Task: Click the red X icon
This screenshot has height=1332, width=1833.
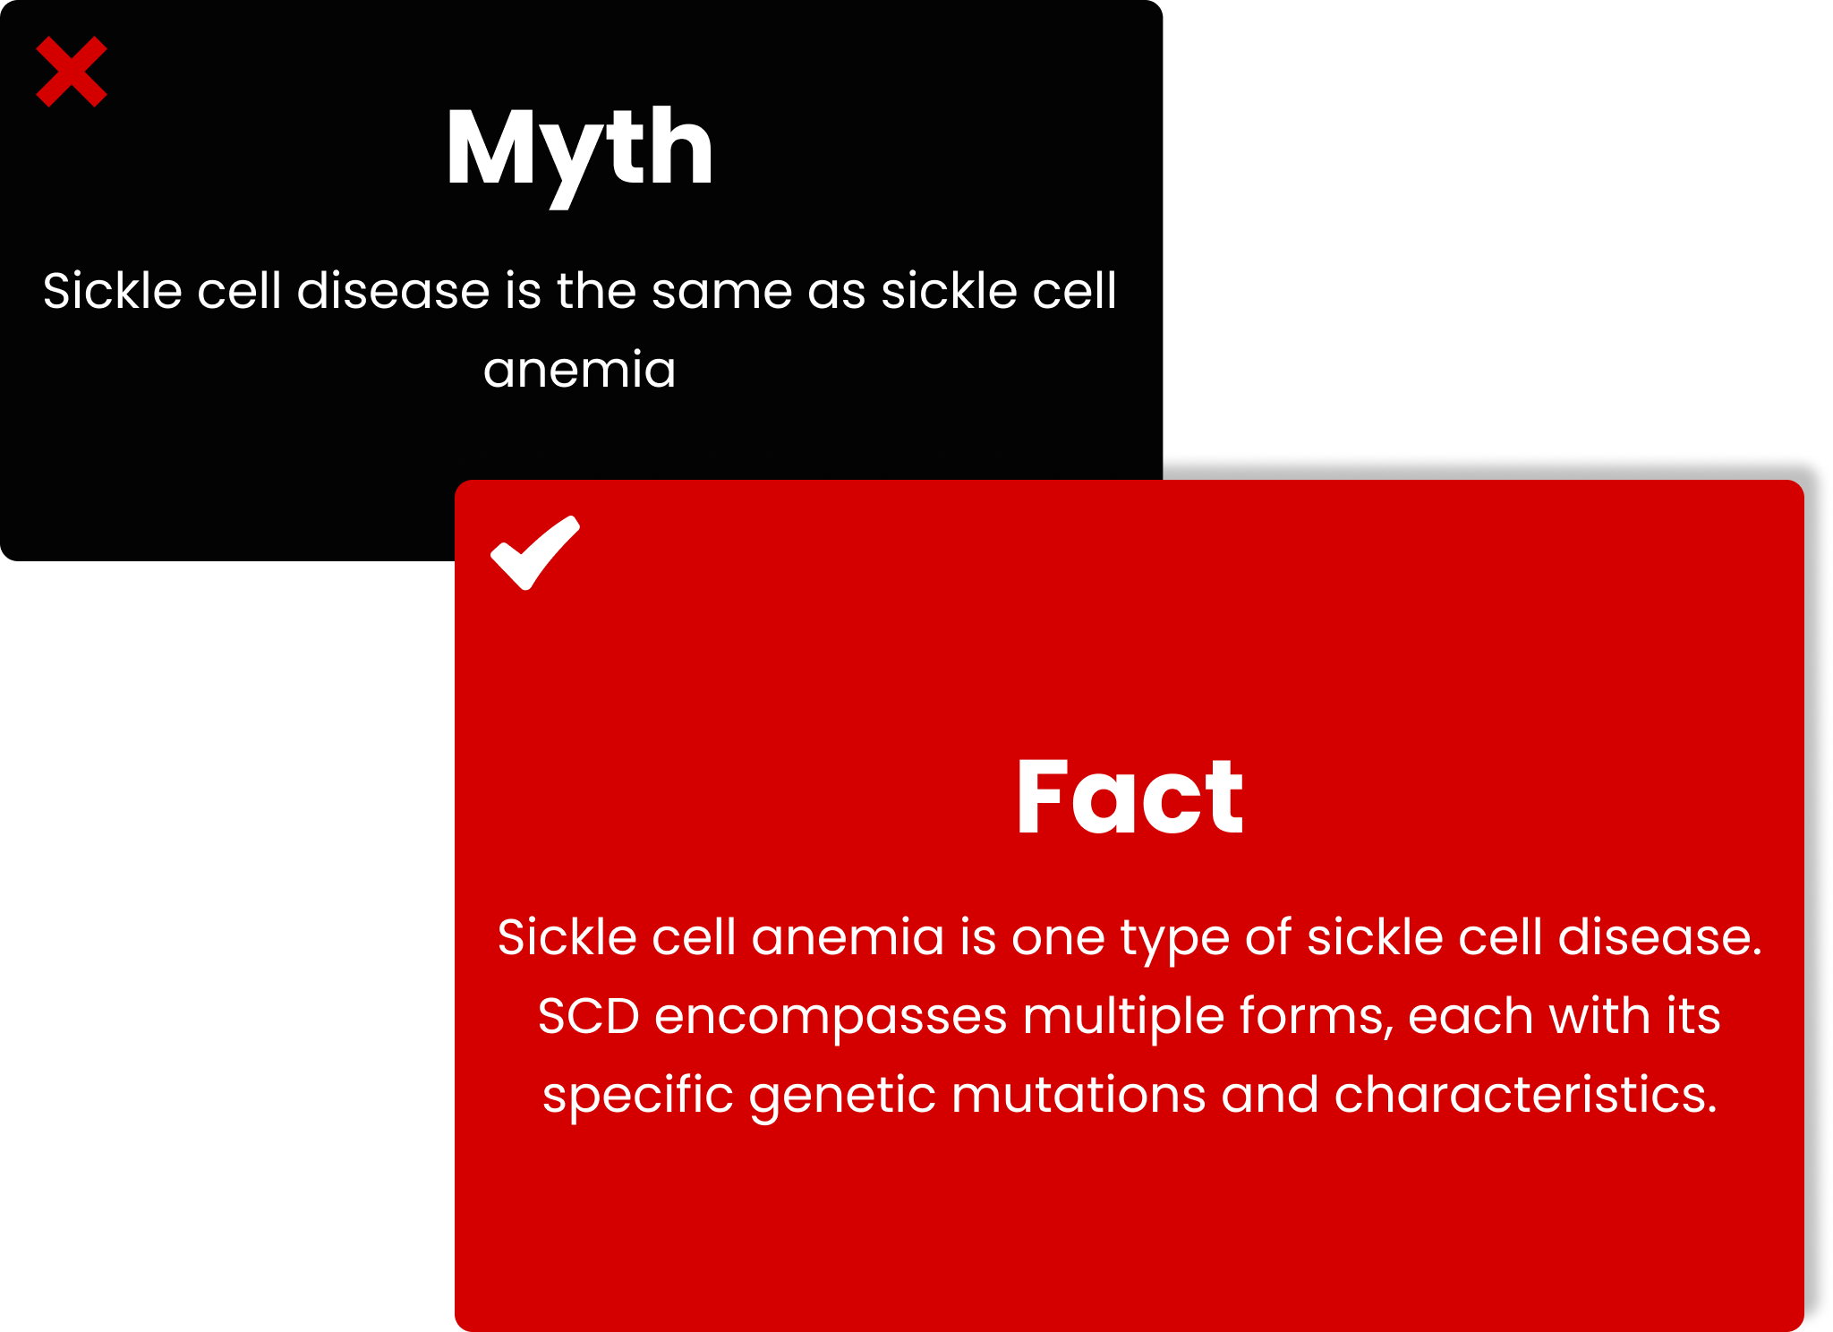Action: (x=72, y=72)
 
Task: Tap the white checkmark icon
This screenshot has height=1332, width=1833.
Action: (x=535, y=553)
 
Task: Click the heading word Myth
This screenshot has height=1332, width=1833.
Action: (x=580, y=152)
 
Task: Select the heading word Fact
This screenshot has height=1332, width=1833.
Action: (x=1130, y=796)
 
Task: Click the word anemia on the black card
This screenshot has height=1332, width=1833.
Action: (x=580, y=370)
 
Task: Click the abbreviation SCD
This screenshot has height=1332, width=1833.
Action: (x=589, y=1017)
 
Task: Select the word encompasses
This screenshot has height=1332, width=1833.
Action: (x=831, y=1019)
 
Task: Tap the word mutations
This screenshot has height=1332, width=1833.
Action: (x=1078, y=1095)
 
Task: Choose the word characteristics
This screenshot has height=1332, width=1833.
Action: (x=1526, y=1095)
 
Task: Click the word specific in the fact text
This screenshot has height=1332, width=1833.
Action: (x=638, y=1097)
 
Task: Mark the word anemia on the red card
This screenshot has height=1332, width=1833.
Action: (x=848, y=938)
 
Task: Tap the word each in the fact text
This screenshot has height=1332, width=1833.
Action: (x=1471, y=1017)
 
